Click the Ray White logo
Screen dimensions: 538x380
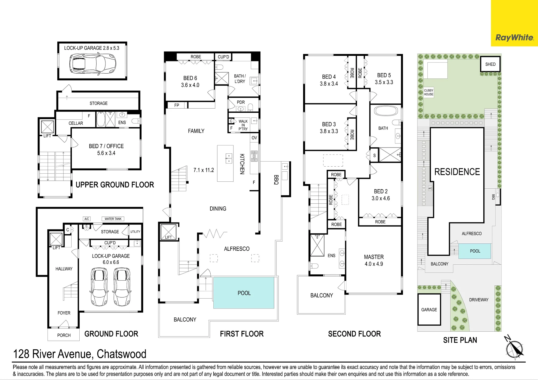[514, 38]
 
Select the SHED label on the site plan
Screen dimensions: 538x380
[490, 64]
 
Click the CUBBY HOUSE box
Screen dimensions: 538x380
[429, 92]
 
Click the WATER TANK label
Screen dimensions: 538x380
[113, 219]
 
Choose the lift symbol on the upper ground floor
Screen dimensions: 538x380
[47, 127]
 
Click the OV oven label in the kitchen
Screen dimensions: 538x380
[254, 138]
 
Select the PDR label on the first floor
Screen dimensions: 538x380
[241, 102]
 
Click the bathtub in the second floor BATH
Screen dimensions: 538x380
[386, 111]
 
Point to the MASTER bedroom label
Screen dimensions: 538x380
[374, 257]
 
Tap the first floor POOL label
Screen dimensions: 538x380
[244, 293]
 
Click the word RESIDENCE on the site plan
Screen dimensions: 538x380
[457, 172]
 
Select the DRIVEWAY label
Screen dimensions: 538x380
[479, 300]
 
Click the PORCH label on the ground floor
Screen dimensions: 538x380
[64, 335]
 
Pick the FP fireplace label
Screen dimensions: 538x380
[177, 105]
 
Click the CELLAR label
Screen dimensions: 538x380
[76, 123]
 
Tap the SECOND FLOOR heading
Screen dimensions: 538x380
[354, 334]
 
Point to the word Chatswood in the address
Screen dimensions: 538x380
[121, 354]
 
